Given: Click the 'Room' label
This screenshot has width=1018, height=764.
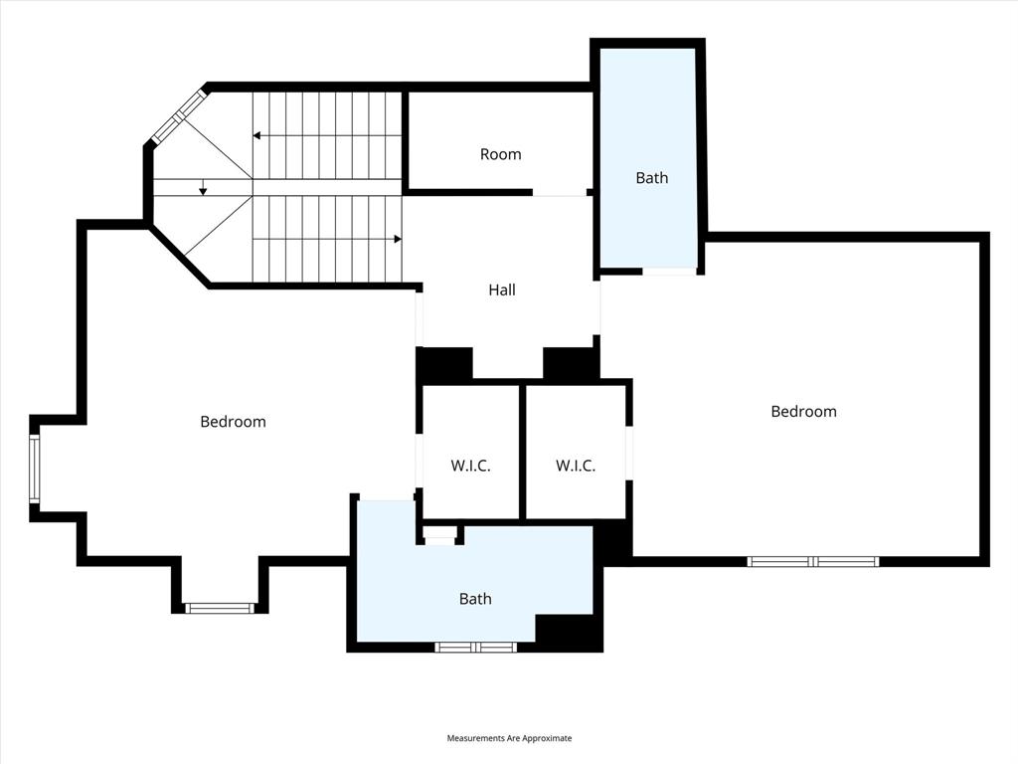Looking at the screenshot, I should [x=500, y=154].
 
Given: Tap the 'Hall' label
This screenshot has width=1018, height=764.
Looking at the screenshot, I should [x=502, y=290].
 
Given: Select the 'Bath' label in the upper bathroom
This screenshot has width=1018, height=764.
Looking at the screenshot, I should [x=652, y=178].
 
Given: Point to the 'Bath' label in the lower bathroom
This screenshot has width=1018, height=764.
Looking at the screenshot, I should [x=475, y=599].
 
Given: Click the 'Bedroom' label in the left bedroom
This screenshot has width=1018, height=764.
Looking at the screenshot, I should [x=233, y=422].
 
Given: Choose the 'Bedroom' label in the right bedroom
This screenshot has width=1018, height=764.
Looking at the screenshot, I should [x=803, y=411].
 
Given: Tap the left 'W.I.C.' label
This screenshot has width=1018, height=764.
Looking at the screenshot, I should [x=470, y=466].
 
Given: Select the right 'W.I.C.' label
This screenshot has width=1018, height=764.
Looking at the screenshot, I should [x=575, y=466].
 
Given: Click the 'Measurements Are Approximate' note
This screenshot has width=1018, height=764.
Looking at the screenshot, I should [x=509, y=738].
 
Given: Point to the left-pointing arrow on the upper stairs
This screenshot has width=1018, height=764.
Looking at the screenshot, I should [x=257, y=135].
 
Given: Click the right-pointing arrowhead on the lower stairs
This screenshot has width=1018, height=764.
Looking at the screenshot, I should [x=397, y=239].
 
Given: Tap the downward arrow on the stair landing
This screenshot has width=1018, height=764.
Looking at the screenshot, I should [x=203, y=190].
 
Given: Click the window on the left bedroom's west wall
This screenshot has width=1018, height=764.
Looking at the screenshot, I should [x=35, y=469].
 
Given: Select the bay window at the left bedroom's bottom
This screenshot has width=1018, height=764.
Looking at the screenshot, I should [x=220, y=607].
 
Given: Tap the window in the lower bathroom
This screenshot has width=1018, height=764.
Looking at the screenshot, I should [x=475, y=647].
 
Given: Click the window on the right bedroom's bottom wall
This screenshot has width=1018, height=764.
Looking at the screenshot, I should [x=813, y=561].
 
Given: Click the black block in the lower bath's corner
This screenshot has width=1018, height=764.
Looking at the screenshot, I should [x=569, y=633].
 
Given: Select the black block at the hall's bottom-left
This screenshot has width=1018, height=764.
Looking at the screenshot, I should [x=444, y=363].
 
